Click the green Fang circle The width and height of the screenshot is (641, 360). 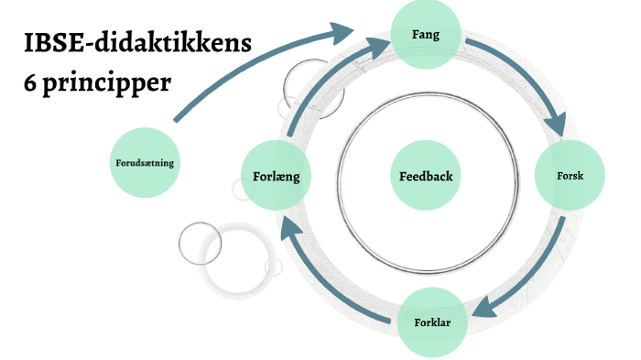point(426,36)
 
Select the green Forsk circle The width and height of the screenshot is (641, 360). point(570,176)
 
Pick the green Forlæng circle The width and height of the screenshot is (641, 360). point(276,173)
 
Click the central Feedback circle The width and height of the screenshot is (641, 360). point(425,175)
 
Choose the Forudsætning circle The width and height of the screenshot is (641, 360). point(145,163)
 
